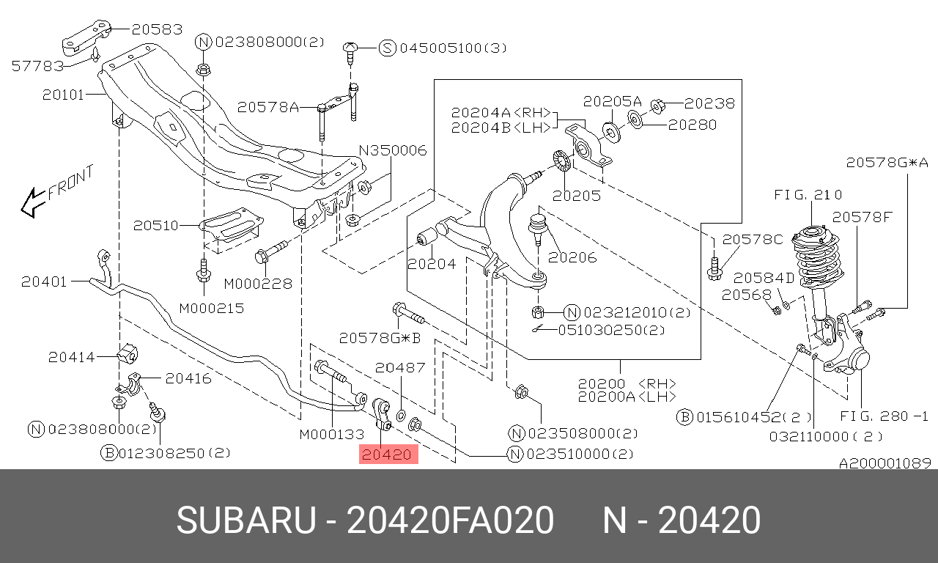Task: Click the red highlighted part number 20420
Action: point(388,455)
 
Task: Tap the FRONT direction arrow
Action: point(33,203)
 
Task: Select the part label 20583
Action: point(157,29)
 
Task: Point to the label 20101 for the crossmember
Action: point(63,95)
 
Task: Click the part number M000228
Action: point(258,284)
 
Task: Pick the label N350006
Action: point(393,150)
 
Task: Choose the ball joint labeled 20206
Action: point(536,228)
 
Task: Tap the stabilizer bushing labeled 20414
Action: point(128,354)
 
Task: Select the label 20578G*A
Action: point(887,163)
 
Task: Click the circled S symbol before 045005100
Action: point(388,48)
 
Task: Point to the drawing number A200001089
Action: point(885,463)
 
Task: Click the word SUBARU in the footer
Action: point(246,520)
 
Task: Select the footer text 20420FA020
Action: point(451,520)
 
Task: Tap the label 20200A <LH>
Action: point(627,397)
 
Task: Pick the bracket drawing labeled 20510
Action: point(231,227)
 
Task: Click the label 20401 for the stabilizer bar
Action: point(44,281)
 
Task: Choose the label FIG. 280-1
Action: point(885,416)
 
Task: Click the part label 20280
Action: point(693,125)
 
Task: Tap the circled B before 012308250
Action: point(109,453)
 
